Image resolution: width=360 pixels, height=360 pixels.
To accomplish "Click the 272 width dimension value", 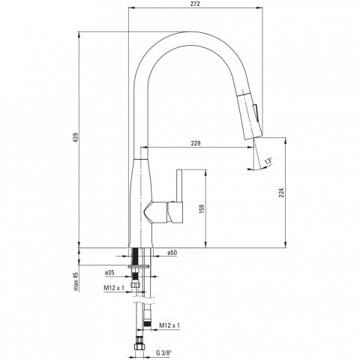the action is [x=195, y=4].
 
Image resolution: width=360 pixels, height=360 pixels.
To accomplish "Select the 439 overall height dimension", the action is [x=75, y=138].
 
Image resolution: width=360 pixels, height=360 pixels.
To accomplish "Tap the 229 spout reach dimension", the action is [x=196, y=143].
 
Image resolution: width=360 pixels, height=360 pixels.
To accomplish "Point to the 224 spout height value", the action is [x=282, y=193].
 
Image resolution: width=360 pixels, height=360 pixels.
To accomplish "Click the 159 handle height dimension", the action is [x=202, y=208].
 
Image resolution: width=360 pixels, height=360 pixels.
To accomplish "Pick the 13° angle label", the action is [x=268, y=160].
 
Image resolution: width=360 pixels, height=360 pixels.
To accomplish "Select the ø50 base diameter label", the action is [x=172, y=253].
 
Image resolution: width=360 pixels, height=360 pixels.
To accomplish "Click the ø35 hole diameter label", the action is [x=109, y=272].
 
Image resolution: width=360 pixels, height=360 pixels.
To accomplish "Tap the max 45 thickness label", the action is [x=76, y=282].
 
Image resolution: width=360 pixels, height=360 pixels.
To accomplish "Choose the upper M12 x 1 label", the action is [x=114, y=288].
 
